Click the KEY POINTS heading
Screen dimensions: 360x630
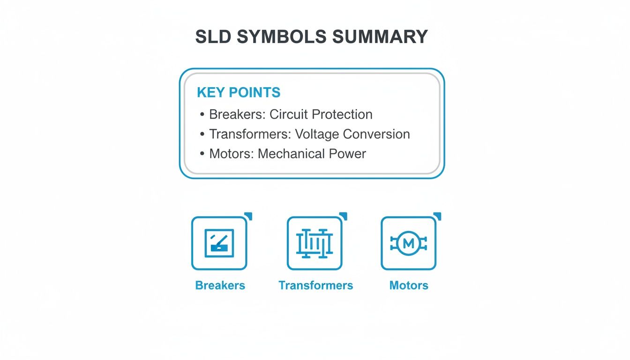point(239,92)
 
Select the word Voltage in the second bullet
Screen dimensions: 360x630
point(317,134)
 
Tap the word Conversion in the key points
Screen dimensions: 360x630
point(376,134)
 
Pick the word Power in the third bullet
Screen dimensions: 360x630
point(350,154)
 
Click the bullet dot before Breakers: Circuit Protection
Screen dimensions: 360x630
point(202,115)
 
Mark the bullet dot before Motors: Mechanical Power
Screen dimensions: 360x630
point(202,154)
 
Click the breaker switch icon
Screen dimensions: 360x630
point(219,243)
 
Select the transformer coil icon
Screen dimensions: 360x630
point(315,243)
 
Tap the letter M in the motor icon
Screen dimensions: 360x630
point(409,243)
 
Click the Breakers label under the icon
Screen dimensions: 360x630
point(220,285)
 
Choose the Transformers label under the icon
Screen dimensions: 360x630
point(315,285)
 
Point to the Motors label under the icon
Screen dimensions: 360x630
point(409,285)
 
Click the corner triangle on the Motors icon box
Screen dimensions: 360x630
point(438,216)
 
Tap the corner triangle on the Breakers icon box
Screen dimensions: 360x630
point(249,216)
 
